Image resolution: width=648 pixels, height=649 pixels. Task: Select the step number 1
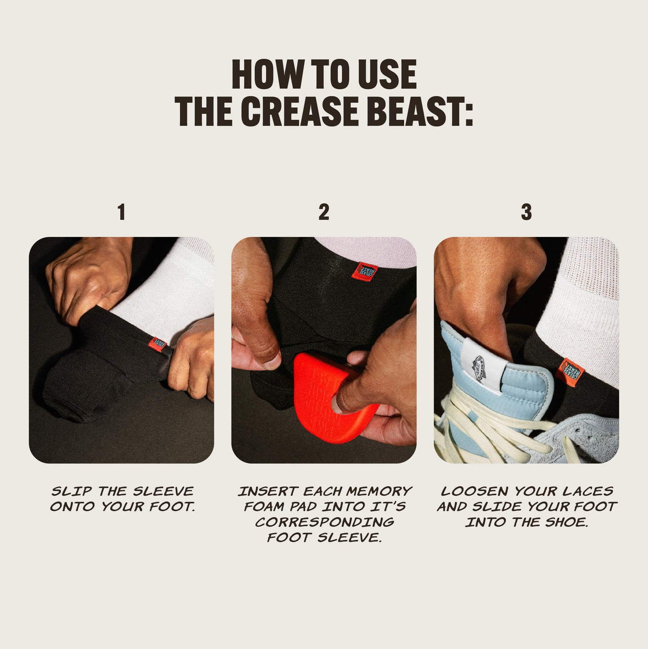point(121,212)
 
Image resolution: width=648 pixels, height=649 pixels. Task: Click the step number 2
point(324,212)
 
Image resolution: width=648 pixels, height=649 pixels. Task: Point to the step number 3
point(526,212)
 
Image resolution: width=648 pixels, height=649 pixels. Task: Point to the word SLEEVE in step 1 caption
point(163,491)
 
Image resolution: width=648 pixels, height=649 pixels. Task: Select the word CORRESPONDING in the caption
point(324,522)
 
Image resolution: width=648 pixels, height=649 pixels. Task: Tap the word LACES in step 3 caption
point(588,491)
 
